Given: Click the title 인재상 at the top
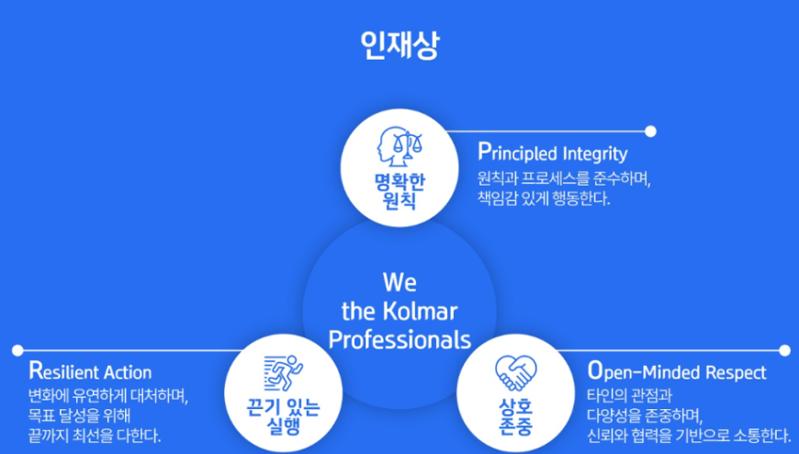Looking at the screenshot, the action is (399, 46).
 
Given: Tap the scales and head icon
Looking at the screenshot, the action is (399, 146).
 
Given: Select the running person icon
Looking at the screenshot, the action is (283, 374).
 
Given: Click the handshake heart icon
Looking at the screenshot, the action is (516, 374).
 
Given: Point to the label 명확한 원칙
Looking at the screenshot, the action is (399, 191).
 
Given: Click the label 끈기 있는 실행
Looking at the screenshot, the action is (283, 416).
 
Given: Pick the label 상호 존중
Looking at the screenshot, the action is (516, 416).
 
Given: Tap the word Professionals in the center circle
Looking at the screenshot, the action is (399, 340).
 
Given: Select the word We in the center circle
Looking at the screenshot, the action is (399, 283).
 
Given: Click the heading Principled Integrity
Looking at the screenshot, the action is (552, 153).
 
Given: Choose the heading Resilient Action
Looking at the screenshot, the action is (90, 371).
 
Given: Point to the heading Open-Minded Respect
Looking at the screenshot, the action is (677, 372).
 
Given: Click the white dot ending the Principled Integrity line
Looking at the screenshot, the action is (650, 131).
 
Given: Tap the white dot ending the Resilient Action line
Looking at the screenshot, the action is (17, 350).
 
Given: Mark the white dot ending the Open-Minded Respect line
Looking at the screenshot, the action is (784, 350).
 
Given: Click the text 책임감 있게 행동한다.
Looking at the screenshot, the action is (544, 199).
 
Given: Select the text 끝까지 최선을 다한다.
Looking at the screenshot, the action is (95, 437).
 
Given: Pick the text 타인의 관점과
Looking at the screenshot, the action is (629, 395).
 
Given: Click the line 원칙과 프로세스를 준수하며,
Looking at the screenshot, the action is (564, 178).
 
